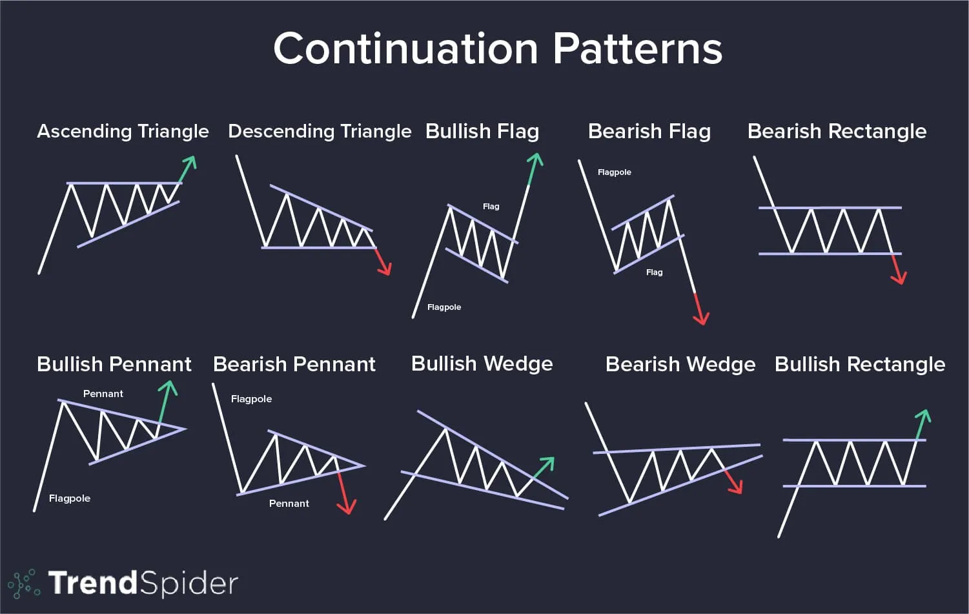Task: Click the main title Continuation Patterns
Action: pos(498,48)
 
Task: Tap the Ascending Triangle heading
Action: pos(123,131)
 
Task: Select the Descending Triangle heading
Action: pos(320,131)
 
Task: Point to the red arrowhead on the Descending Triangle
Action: pos(385,268)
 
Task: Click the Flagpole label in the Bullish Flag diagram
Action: pos(444,307)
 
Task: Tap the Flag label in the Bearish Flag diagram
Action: pos(654,272)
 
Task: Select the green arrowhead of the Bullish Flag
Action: pos(536,159)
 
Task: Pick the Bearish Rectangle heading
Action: pos(837,131)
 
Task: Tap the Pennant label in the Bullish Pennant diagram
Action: pos(103,394)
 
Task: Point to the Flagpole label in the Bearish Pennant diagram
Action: pos(251,399)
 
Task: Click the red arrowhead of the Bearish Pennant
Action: pos(347,507)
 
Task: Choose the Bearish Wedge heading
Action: pos(680,364)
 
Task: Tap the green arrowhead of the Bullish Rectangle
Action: pos(923,416)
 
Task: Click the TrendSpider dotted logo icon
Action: pos(25,584)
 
